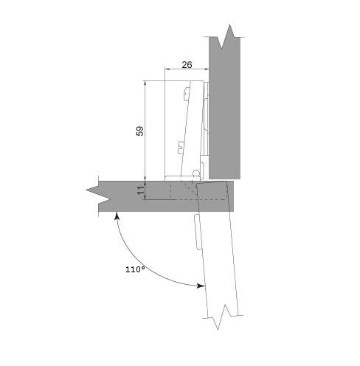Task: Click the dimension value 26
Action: pos(187,65)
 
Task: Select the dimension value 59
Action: pos(140,131)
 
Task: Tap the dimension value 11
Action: pos(141,190)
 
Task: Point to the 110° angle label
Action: pos(135,269)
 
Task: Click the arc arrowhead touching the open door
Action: pos(201,286)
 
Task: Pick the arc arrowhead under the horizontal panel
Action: pos(117,215)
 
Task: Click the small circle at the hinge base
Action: pos(195,173)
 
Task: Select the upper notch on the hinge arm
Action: pos(187,94)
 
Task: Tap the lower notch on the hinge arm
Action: pos(181,148)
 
